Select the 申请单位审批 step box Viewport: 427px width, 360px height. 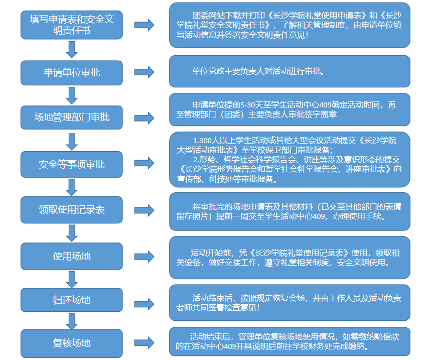point(72,72)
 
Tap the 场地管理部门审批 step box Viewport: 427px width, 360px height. point(72,117)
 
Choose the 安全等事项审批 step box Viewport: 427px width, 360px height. point(72,164)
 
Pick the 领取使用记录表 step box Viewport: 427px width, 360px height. point(72,209)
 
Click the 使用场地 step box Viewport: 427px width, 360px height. point(72,256)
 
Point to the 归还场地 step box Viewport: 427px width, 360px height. point(72,300)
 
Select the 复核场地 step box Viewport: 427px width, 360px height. point(72,343)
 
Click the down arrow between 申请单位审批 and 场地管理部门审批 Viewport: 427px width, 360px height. point(72,95)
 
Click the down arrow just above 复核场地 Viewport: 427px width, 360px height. point(72,321)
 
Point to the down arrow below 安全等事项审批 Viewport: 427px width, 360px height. point(72,187)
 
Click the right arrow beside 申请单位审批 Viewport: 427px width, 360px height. point(144,72)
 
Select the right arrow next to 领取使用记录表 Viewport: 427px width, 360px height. point(144,210)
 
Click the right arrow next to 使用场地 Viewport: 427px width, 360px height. point(144,256)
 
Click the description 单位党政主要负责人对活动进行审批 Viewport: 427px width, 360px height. point(258,71)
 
